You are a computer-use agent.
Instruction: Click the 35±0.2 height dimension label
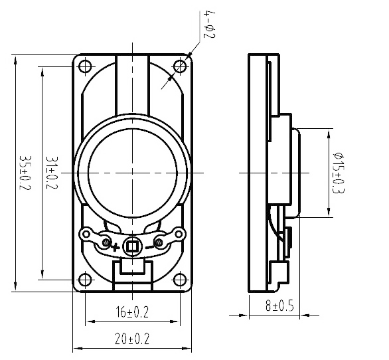point(25,173)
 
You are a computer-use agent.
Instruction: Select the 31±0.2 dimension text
point(52,173)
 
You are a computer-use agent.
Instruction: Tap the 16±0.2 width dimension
point(132,312)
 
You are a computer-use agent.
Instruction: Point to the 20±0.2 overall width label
point(132,339)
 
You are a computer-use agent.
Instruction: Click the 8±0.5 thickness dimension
point(279,306)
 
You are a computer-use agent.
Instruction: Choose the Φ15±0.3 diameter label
point(339,173)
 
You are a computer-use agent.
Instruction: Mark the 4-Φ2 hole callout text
point(209,25)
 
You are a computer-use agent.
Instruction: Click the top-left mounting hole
point(85,66)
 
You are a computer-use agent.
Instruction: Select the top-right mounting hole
point(180,66)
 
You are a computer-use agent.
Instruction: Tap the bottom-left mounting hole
point(85,280)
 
